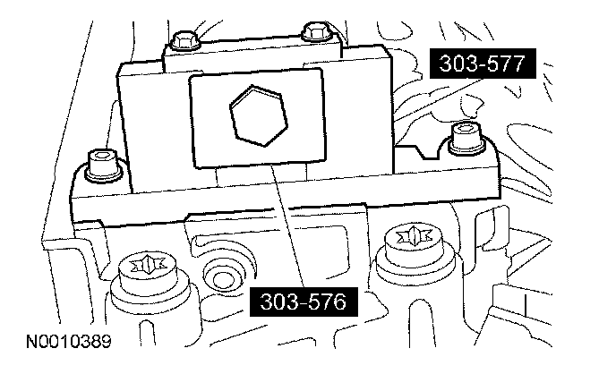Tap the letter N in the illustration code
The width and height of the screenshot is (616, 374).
pos(21,341)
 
